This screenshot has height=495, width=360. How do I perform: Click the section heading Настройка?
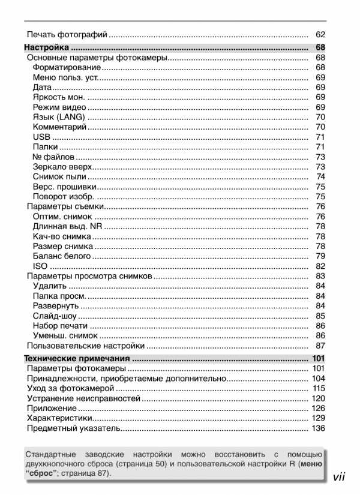47,47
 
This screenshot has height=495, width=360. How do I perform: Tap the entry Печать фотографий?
67,34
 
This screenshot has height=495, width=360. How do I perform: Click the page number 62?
320,34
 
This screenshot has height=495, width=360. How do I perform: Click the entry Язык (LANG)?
59,117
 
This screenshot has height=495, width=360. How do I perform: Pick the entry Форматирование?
67,67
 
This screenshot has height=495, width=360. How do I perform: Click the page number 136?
318,428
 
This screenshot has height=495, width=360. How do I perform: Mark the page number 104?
318,379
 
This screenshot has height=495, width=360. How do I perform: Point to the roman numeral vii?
341,477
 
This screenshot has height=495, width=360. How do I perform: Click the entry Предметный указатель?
74,428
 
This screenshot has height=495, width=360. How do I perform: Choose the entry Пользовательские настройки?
86,346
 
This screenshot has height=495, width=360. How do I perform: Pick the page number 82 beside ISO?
320,266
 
